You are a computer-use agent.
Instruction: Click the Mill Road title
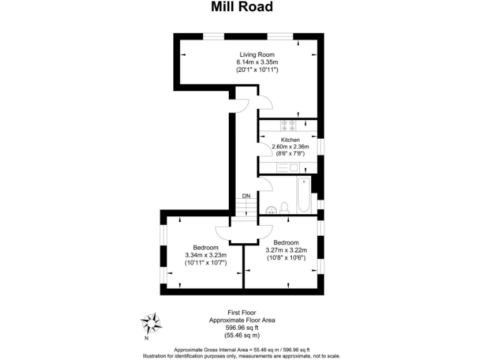click(x=240, y=7)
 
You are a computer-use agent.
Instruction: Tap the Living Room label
click(x=257, y=55)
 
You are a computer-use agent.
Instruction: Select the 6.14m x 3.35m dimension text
click(x=257, y=62)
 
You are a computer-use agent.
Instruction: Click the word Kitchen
click(x=290, y=139)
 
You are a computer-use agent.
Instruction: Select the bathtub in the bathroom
click(x=303, y=195)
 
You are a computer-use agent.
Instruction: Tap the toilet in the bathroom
click(x=284, y=207)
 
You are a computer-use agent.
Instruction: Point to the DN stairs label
click(x=246, y=196)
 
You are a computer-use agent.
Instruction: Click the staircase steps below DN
click(x=246, y=208)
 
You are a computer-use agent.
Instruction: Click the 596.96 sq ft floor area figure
click(x=241, y=326)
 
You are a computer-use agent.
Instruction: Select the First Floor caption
click(x=241, y=312)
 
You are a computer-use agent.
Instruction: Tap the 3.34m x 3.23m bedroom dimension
click(x=206, y=255)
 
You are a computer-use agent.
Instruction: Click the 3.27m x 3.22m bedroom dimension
click(x=286, y=250)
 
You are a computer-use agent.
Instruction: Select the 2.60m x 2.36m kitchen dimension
click(x=291, y=146)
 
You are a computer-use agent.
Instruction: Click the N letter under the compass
click(x=146, y=339)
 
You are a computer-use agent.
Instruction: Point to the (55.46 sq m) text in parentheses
click(x=241, y=334)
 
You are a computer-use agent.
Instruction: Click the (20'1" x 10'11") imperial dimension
click(x=257, y=70)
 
